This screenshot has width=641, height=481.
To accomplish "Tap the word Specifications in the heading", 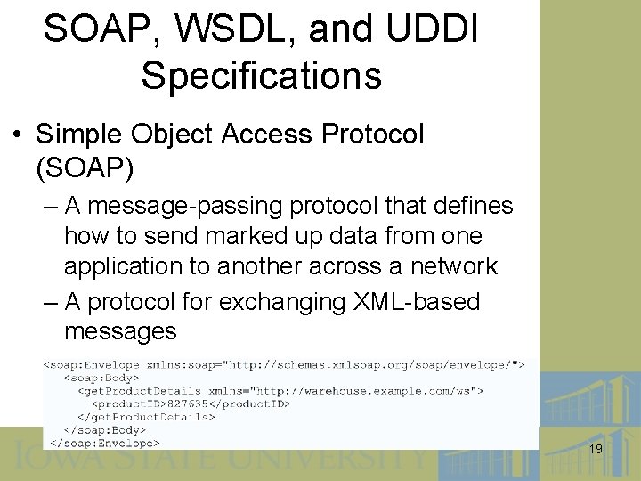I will coord(261,76).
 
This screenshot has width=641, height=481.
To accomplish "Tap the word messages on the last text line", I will coord(120,332).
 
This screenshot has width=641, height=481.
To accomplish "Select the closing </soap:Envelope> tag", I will coord(104,442).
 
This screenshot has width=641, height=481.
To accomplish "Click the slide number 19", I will coord(596,450).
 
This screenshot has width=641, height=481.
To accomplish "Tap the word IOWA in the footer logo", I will coord(54,459).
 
